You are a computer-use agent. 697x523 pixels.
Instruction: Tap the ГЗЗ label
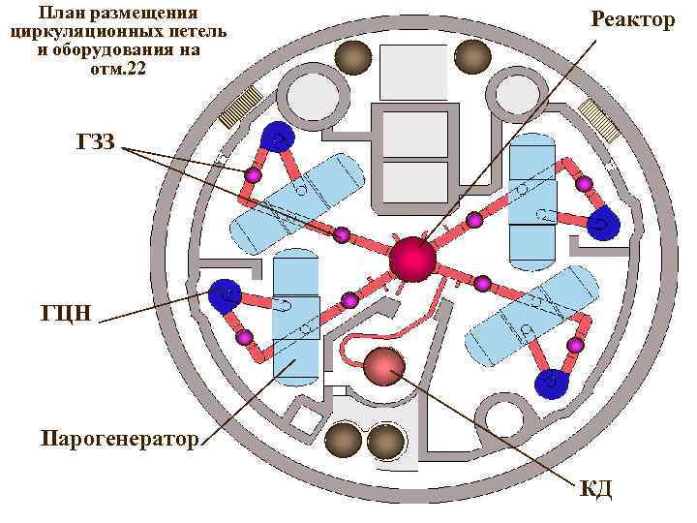coord(95,142)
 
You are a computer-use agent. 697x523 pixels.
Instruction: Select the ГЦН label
coord(66,313)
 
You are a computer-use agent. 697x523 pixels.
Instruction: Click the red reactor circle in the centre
coord(413,258)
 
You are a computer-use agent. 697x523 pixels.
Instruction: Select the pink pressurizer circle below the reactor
coord(384,365)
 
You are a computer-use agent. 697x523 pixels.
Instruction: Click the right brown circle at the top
coord(471,56)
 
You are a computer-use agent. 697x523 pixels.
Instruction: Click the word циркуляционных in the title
coord(82,32)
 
